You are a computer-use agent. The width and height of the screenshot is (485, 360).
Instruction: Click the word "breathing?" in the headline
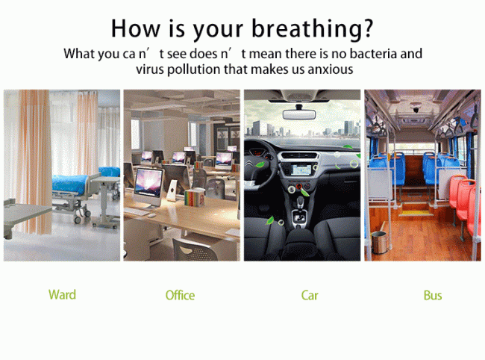312,29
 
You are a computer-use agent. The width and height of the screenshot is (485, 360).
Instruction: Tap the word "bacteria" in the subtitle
373,54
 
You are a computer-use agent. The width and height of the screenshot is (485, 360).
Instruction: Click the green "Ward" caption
62,294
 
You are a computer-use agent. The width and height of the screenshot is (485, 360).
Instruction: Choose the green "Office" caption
180,295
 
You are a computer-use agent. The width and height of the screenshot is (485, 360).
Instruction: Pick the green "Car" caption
310,295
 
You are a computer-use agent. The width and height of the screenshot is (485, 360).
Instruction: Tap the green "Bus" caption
433,295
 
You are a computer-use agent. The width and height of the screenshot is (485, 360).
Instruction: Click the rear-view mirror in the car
299,114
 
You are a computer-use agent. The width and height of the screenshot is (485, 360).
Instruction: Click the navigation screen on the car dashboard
301,170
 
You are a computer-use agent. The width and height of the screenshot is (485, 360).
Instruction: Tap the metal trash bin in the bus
379,243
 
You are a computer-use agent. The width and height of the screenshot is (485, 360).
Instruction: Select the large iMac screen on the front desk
148,184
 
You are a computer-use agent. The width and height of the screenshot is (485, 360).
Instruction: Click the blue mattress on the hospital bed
71,184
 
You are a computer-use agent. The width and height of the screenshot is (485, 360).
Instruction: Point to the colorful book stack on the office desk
194,197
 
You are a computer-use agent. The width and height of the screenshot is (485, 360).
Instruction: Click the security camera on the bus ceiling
416,108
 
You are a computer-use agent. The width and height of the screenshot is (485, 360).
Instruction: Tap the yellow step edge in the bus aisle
415,213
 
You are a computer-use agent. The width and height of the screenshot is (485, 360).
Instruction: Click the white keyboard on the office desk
137,211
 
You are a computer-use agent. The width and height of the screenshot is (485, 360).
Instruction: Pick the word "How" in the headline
136,28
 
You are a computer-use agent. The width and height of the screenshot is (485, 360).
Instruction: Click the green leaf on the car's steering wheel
260,164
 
